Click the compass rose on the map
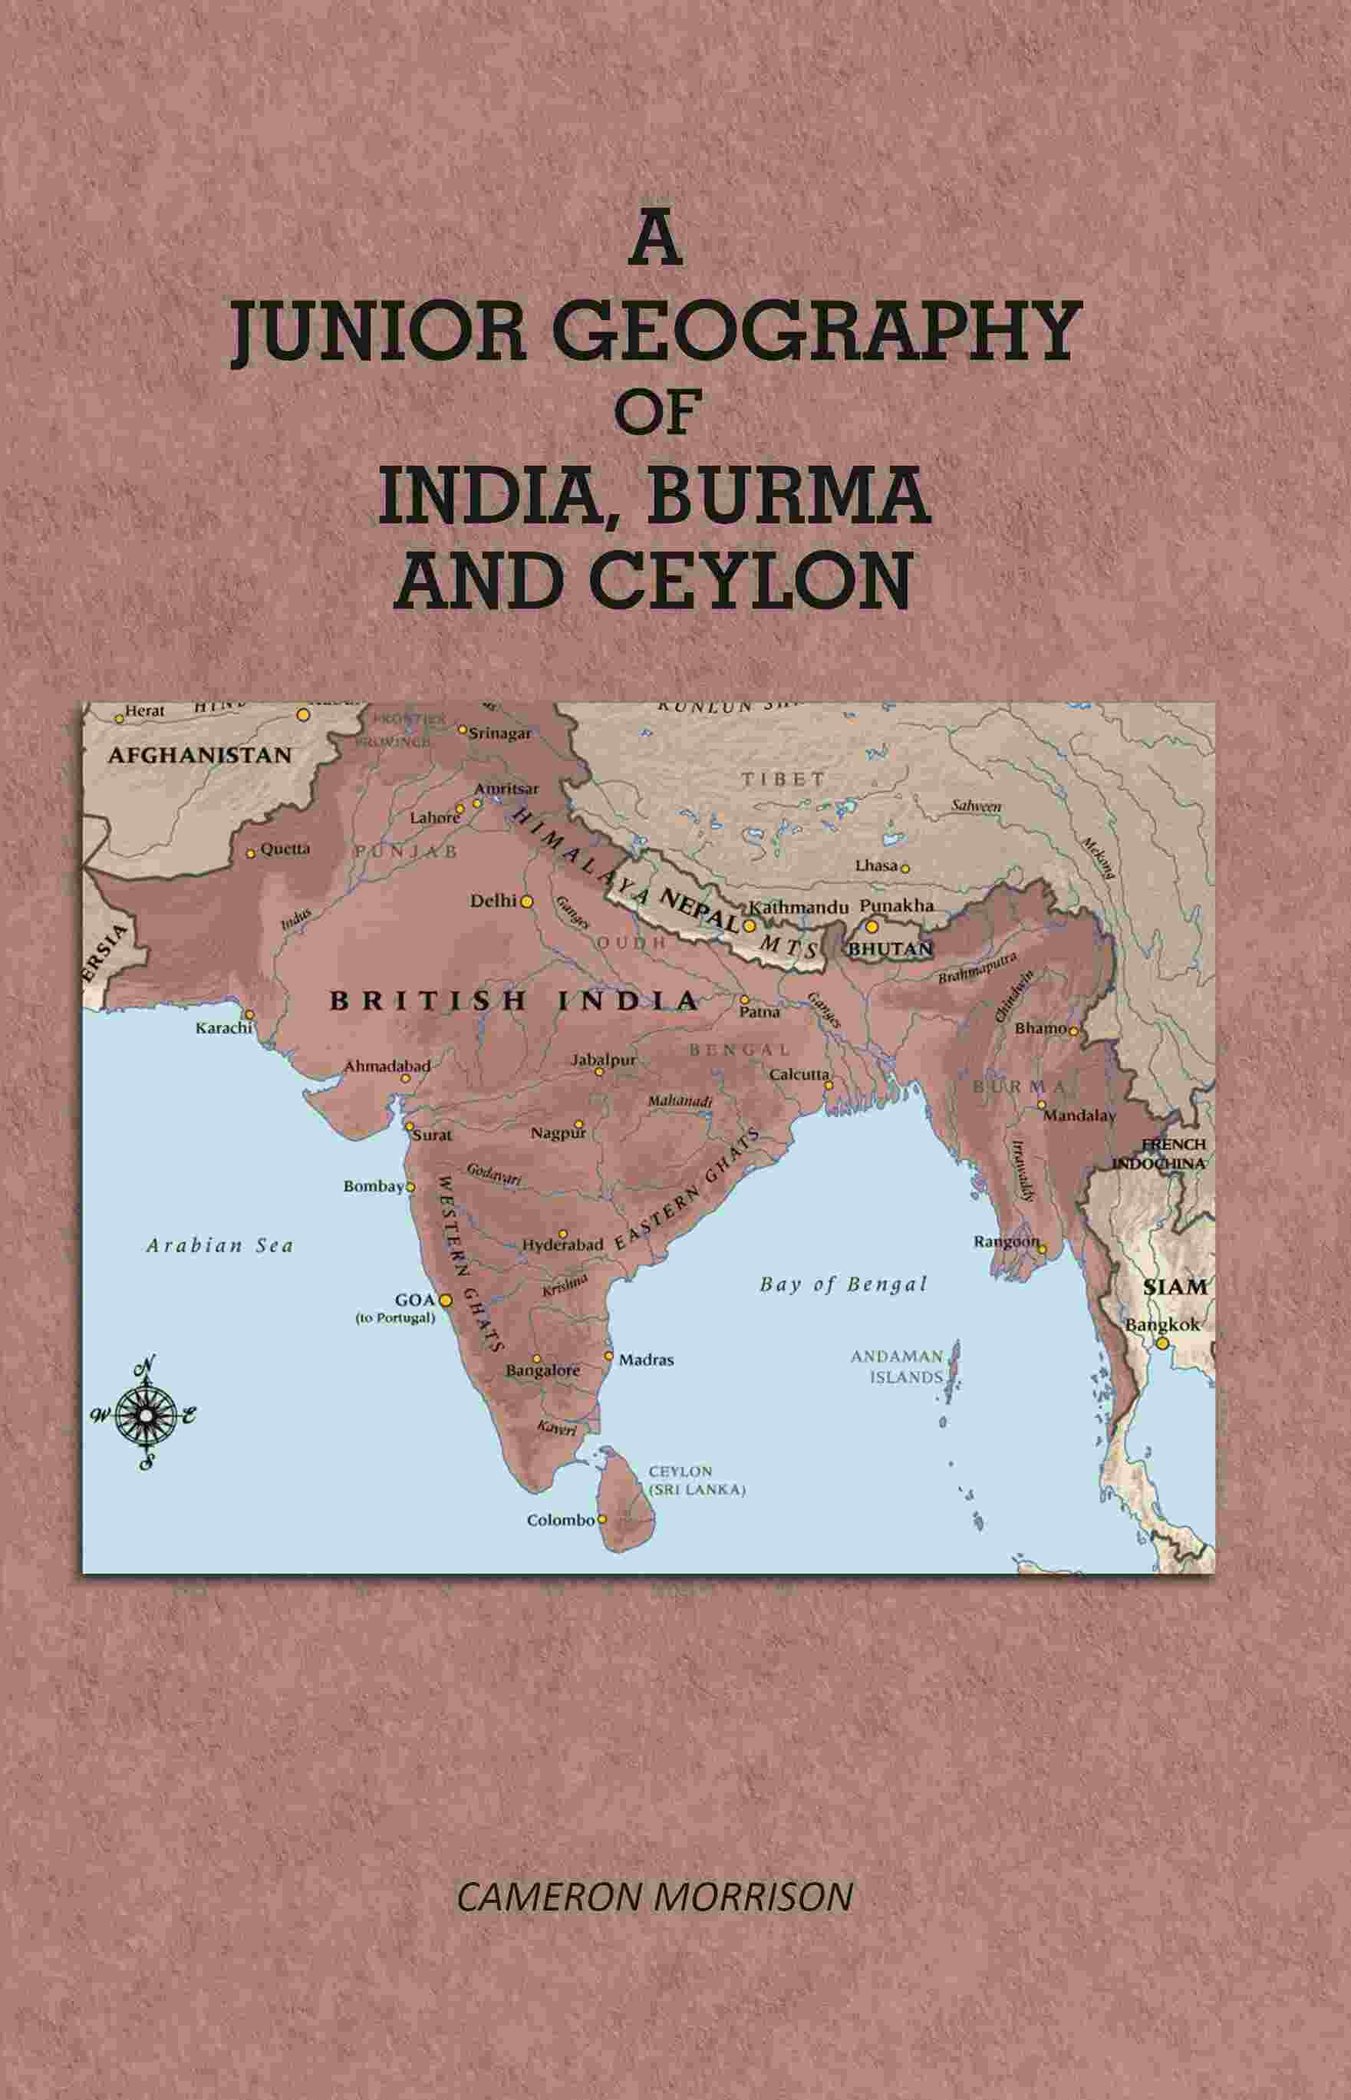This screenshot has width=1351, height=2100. point(145,1413)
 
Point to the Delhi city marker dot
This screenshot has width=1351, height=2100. point(526,901)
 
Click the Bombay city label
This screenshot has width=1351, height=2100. point(372,1186)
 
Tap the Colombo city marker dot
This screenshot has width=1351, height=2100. point(601,1519)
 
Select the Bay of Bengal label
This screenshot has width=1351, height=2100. point(843,1284)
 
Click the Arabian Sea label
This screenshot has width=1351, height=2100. point(219,1245)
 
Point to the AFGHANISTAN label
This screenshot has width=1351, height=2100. point(200,755)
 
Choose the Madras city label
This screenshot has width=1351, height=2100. point(646,1360)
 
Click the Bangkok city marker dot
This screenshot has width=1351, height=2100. point(1162,1343)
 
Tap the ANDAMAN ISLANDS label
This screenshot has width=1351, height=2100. point(897,1366)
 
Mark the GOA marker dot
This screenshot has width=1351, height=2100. point(445,1300)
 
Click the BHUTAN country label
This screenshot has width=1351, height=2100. point(890,949)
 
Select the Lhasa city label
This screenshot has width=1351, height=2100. point(876,865)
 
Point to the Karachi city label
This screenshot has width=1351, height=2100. point(222,1027)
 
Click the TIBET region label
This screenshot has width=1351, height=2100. point(783,779)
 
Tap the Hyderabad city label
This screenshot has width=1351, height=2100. point(562,1245)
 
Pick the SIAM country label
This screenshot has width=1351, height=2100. point(1175,1287)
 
